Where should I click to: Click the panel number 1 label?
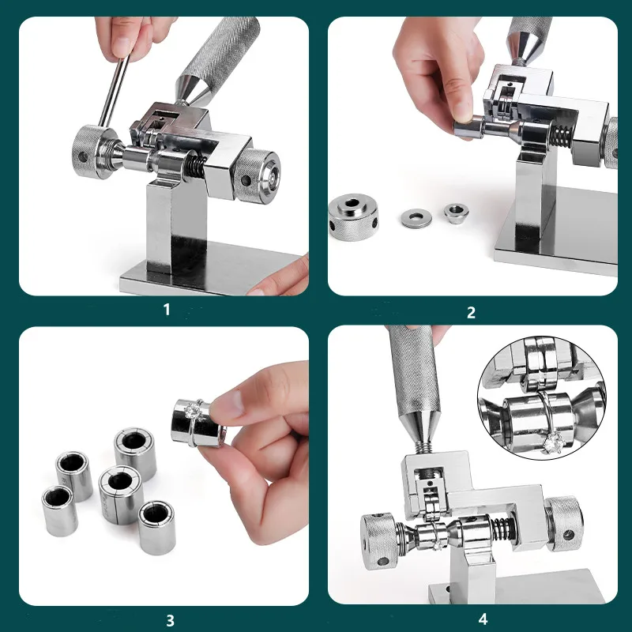167,310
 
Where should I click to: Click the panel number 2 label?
471,313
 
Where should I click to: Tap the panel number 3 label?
170,620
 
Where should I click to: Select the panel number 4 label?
483,619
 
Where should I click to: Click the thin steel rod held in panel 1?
115,92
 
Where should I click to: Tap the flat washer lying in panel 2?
416,218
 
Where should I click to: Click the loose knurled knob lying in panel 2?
353,217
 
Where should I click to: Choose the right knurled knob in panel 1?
258,176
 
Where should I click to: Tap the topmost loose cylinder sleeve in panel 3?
135,453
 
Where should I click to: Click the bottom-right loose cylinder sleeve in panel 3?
157,528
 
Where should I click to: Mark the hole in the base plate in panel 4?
449,589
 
